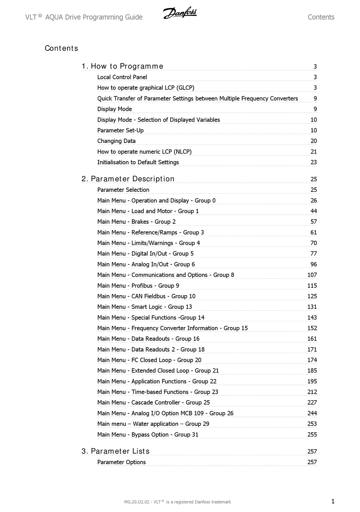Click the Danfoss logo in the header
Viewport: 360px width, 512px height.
tap(180, 14)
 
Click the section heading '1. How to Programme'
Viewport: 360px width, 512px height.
tap(122, 66)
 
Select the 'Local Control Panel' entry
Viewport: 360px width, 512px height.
tap(122, 77)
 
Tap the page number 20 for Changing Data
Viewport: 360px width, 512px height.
tap(313, 141)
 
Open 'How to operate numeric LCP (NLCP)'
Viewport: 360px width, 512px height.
tap(144, 152)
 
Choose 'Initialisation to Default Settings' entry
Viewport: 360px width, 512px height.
tap(138, 162)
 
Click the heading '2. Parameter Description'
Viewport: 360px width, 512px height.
tap(128, 179)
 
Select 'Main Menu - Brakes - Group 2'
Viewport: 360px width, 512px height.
tap(136, 222)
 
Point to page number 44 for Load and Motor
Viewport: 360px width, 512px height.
tap(313, 211)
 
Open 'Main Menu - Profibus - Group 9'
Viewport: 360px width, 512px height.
tap(138, 286)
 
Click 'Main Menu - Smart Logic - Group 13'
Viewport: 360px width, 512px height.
tap(145, 307)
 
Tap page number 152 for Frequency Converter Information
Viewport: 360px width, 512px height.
tap(312, 328)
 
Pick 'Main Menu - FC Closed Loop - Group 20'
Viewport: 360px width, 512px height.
tap(149, 360)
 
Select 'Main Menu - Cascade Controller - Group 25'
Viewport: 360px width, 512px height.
tap(153, 402)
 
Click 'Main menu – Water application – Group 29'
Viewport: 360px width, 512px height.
tap(153, 424)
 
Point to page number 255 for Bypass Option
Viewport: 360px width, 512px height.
tap(312, 435)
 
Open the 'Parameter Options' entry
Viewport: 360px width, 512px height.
tap(121, 462)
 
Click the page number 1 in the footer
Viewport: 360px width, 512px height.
tap(333, 501)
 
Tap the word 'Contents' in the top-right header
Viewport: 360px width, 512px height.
tap(321, 17)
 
